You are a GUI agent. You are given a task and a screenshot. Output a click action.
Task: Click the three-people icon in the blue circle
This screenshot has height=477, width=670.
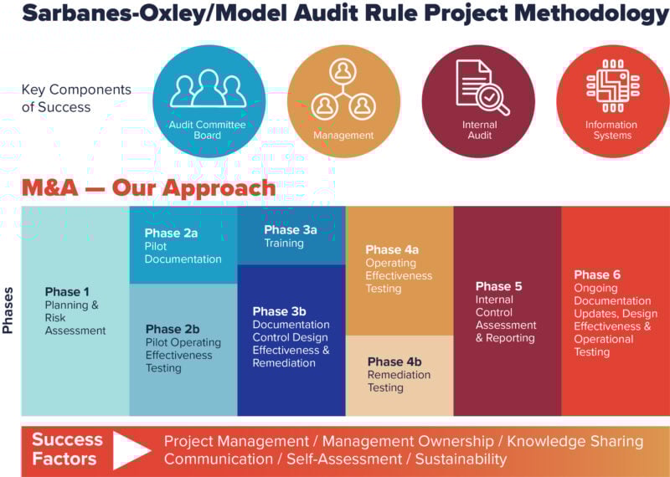[208, 89]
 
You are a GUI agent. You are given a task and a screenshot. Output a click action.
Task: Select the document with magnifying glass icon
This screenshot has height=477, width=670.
[482, 88]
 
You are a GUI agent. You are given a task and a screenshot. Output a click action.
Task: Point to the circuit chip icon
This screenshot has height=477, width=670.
[613, 86]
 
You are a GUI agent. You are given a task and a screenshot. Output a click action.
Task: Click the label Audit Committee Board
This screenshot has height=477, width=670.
[207, 130]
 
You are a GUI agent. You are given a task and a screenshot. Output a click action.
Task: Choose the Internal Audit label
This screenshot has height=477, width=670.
[479, 130]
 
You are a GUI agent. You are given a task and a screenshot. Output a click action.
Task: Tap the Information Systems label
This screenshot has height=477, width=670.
[611, 130]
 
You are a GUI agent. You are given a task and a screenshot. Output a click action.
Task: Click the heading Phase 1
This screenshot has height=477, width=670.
[67, 292]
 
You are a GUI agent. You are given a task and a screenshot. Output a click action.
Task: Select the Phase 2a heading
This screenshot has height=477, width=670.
[171, 233]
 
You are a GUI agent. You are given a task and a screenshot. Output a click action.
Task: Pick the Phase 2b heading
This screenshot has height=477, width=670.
[173, 329]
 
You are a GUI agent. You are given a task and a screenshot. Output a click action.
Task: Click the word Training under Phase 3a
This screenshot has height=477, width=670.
[284, 243]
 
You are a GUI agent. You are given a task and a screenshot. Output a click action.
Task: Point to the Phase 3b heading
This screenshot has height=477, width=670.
[280, 311]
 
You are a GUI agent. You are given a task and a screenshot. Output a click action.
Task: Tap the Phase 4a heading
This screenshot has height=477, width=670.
[392, 250]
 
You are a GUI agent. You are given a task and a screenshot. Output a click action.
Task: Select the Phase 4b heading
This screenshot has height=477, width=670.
[394, 362]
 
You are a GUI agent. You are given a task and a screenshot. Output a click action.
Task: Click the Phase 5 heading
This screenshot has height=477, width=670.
[498, 286]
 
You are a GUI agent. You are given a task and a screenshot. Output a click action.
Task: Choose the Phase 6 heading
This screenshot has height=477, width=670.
[597, 274]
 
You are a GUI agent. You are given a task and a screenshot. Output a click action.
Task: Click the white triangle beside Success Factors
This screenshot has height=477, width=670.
[131, 450]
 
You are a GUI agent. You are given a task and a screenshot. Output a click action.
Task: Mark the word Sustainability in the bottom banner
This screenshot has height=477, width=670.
[461, 459]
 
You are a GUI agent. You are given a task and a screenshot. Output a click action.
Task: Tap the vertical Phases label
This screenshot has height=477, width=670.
[8, 310]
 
